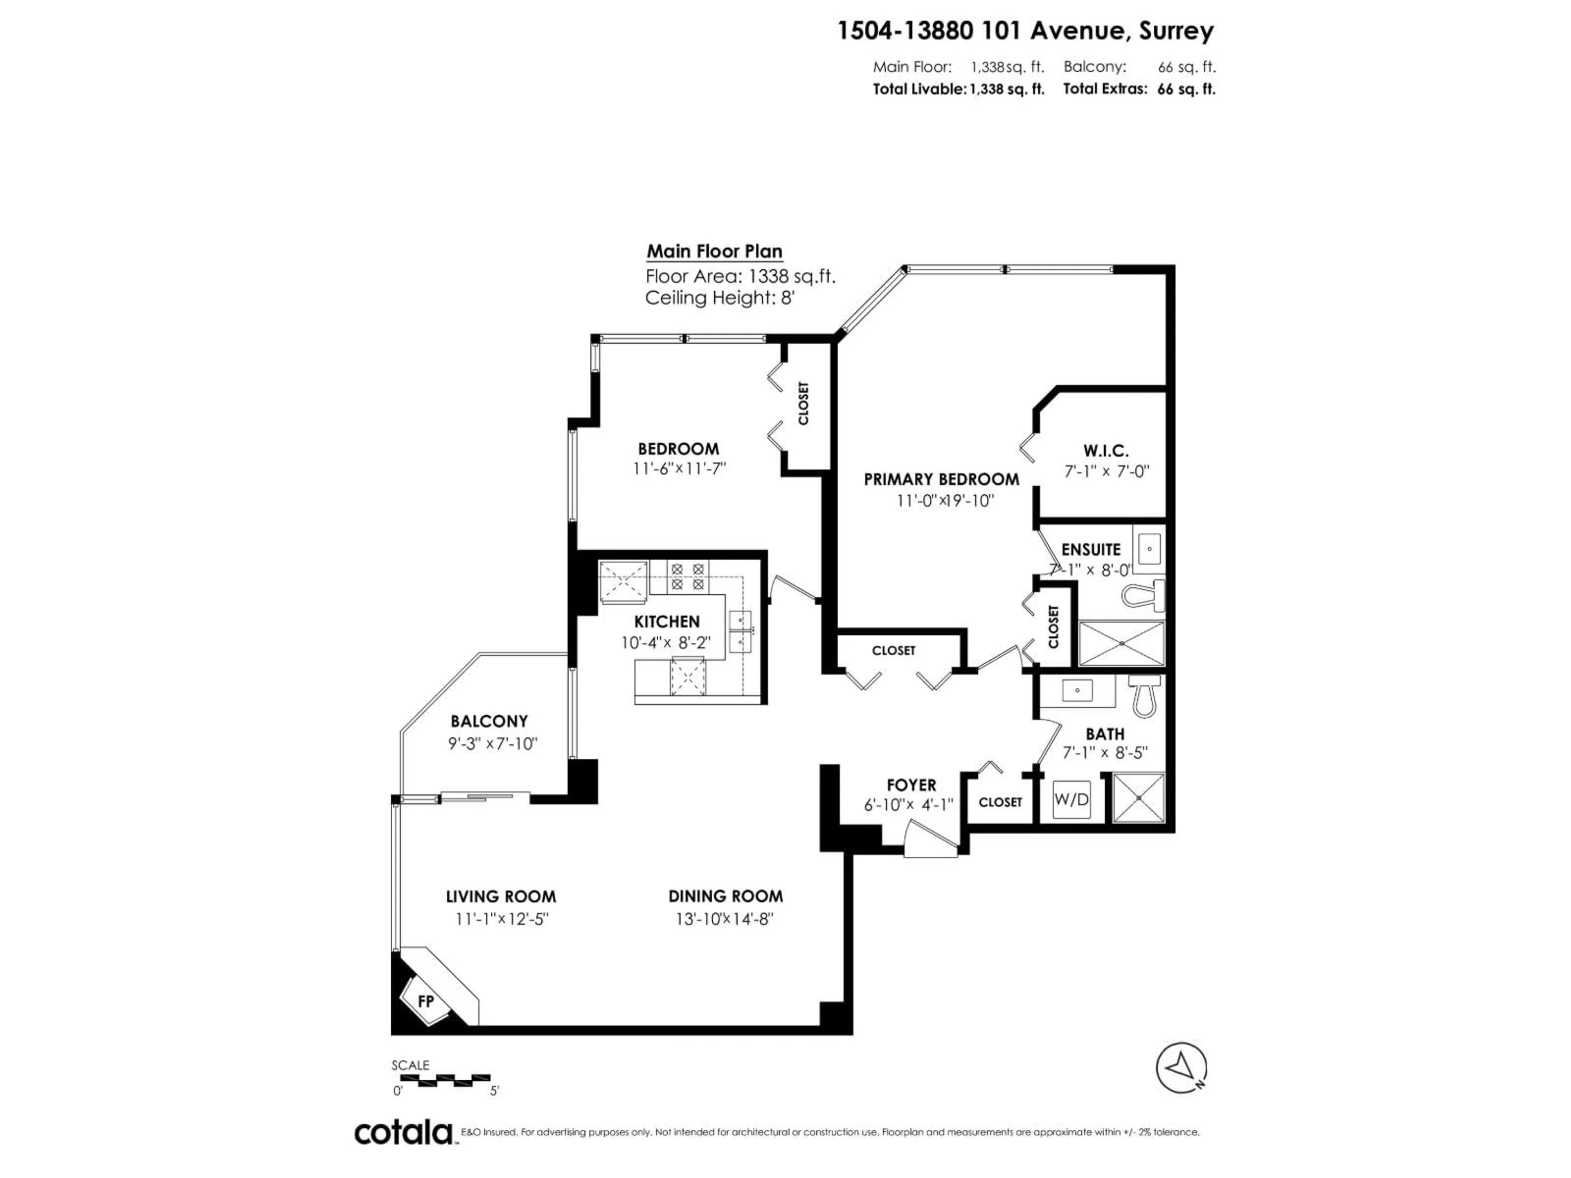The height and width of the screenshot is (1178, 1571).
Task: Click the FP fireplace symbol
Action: pyautogui.click(x=425, y=1002)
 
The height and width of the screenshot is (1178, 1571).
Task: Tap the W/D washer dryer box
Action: pyautogui.click(x=1071, y=800)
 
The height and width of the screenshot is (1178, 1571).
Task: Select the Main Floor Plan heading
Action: pyautogui.click(x=714, y=252)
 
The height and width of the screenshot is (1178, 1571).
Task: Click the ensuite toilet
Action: pyautogui.click(x=1145, y=595)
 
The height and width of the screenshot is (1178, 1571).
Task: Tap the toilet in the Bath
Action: pyautogui.click(x=1144, y=696)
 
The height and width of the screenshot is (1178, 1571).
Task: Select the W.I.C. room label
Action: pyautogui.click(x=1106, y=450)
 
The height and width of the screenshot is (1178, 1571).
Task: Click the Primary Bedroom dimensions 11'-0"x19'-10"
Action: pyautogui.click(x=945, y=501)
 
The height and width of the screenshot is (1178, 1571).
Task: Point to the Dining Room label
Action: pyautogui.click(x=725, y=896)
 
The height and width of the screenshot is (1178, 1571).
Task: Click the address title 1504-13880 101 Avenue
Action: pyautogui.click(x=1025, y=31)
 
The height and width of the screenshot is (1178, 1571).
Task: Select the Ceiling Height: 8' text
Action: pyautogui.click(x=719, y=297)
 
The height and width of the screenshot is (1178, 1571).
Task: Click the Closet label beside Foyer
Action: pyautogui.click(x=1000, y=802)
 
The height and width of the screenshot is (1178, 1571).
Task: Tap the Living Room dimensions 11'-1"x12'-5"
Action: pyautogui.click(x=502, y=919)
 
